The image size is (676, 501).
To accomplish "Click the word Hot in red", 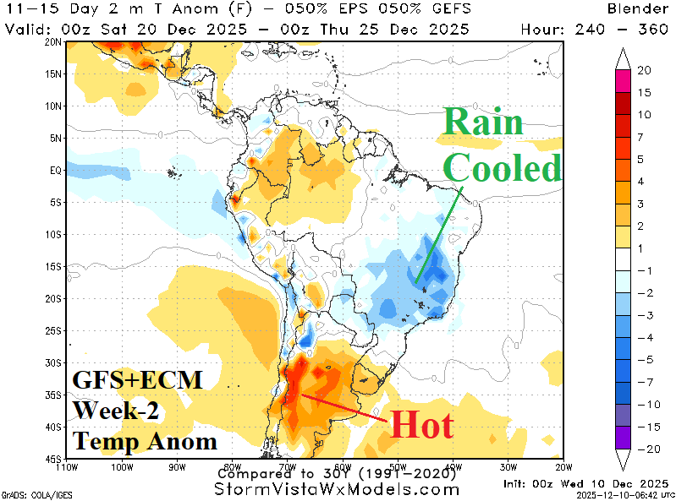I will pyautogui.click(x=420, y=424).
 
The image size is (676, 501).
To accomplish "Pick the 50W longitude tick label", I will pyautogui.click(x=398, y=466).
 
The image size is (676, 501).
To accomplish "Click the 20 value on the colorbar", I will pyautogui.click(x=643, y=69).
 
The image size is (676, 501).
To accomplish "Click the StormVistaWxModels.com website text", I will pyautogui.click(x=337, y=489).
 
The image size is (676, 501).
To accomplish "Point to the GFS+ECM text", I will pyautogui.click(x=137, y=380).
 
